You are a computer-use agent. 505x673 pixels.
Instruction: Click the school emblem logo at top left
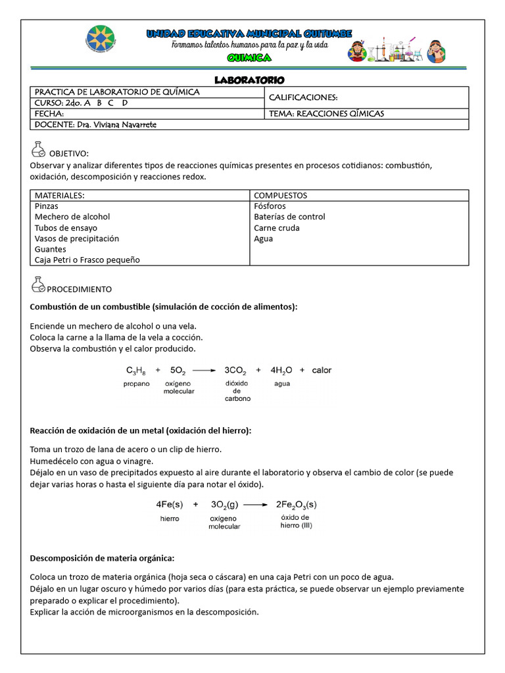[x=103, y=43]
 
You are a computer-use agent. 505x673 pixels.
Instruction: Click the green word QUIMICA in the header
[x=249, y=58]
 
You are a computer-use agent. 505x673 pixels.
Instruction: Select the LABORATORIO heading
[x=249, y=80]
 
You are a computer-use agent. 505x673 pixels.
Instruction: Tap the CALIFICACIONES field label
[x=302, y=97]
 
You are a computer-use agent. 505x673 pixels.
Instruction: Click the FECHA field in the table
[x=49, y=114]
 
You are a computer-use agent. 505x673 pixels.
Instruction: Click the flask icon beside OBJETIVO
[x=38, y=151]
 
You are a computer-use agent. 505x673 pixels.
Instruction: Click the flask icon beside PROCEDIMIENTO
[x=38, y=285]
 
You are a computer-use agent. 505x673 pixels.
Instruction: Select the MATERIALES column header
[x=60, y=195]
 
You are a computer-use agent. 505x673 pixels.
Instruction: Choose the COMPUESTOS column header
[x=280, y=195]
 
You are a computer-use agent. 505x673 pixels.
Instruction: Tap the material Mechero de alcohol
[x=72, y=217]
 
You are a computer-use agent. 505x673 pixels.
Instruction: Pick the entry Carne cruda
[x=276, y=228]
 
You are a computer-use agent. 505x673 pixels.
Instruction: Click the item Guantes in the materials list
[x=51, y=250]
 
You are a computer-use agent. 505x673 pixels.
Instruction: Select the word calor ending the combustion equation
[x=322, y=370]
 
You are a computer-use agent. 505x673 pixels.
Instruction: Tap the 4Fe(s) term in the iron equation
[x=168, y=505]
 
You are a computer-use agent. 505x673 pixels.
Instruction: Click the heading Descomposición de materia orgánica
[x=103, y=559]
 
